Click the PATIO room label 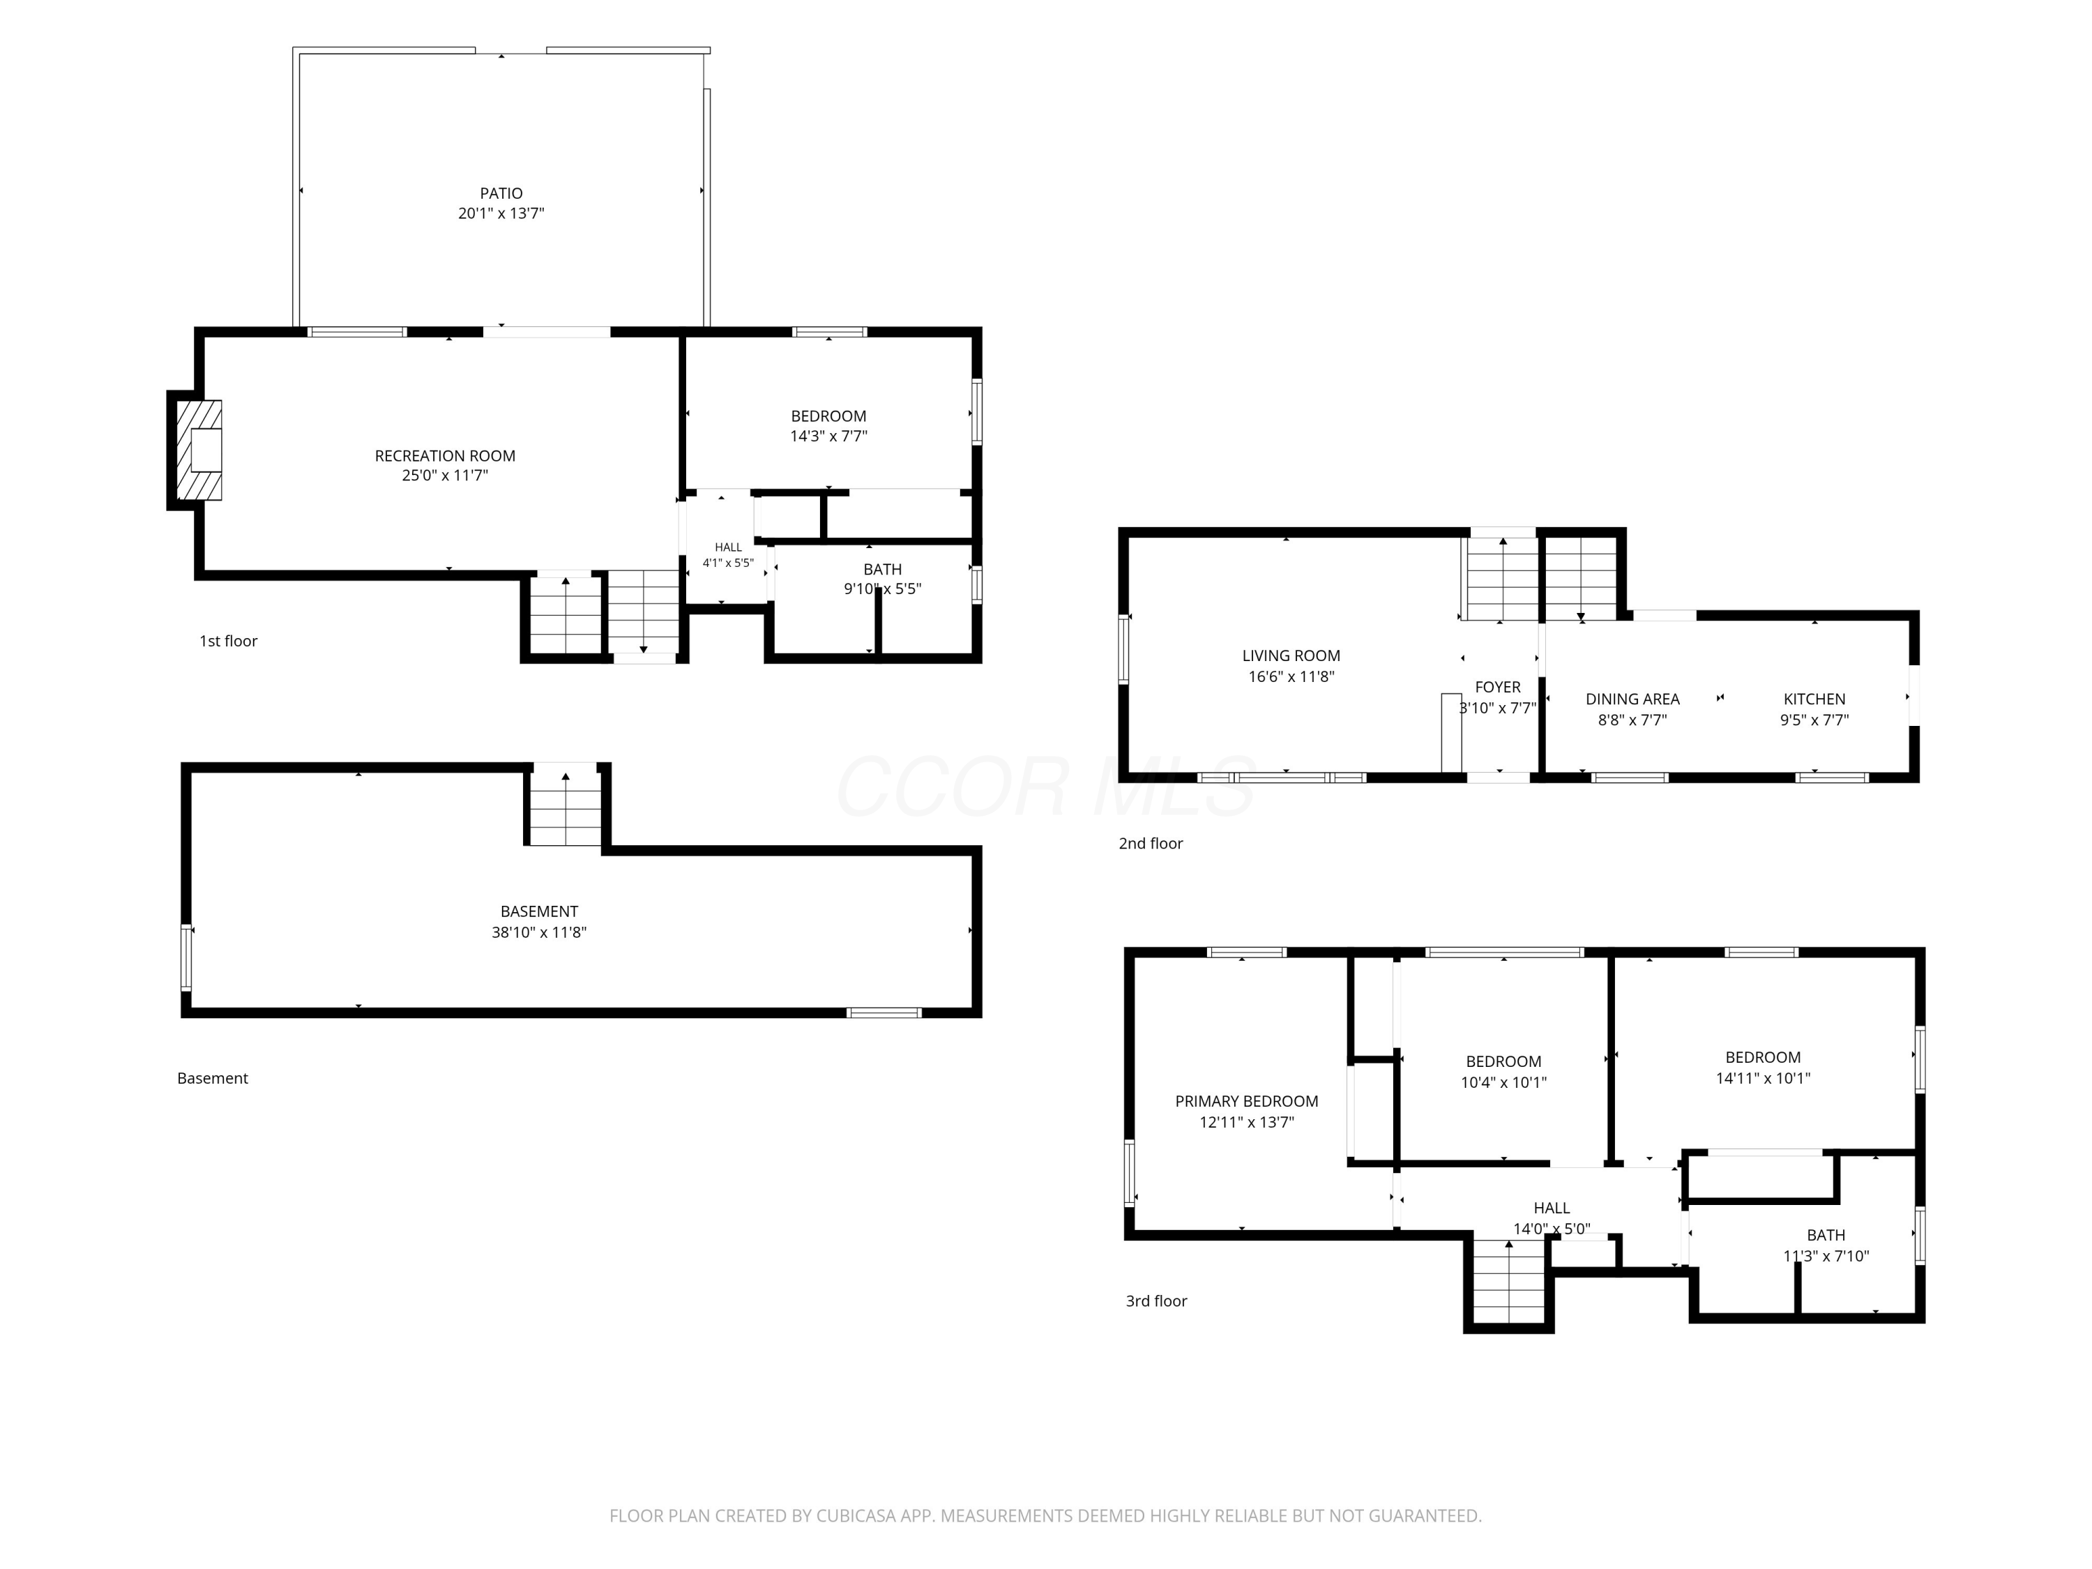(x=501, y=193)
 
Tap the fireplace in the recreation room (x=199, y=450)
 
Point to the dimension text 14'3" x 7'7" (x=828, y=436)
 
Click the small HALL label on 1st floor (x=728, y=547)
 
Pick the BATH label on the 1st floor (x=882, y=569)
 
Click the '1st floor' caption (x=228, y=642)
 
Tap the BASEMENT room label (x=539, y=911)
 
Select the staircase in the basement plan (x=566, y=806)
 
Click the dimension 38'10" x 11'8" (x=539, y=932)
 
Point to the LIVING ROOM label (x=1291, y=655)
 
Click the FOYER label (x=1498, y=688)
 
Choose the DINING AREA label (x=1632, y=699)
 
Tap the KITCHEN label (x=1814, y=699)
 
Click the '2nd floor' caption (x=1151, y=844)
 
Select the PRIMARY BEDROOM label (x=1247, y=1101)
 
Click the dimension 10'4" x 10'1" (x=1503, y=1083)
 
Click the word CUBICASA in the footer (x=857, y=1516)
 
